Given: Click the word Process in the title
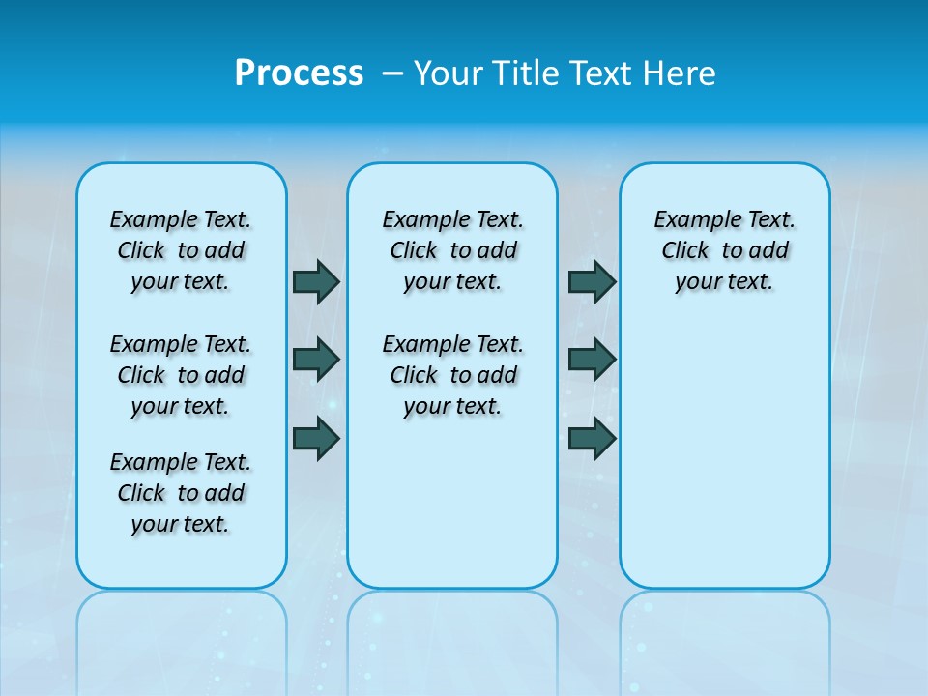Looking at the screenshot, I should coord(299,73).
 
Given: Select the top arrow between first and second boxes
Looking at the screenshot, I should coord(316,281).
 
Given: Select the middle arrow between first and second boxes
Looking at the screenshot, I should coord(316,360).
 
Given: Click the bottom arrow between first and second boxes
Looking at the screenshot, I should coord(316,439).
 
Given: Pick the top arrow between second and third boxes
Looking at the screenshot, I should coord(592,281).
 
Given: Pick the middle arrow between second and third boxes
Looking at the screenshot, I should coord(592,360).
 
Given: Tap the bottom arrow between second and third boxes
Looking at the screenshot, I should coord(592,439).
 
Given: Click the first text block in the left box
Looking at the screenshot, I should coord(181,250).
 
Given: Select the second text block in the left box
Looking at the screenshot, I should coord(181,375).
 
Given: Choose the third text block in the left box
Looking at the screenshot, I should coord(181,493).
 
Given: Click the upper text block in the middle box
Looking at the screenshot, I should coord(452,250).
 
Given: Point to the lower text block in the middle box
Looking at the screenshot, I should coord(452,375).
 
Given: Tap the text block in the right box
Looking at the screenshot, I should coord(724,250).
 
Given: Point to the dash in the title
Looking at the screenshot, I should coord(392,73).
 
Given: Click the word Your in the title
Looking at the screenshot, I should coord(448,73).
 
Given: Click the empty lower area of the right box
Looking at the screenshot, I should coord(724,464).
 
